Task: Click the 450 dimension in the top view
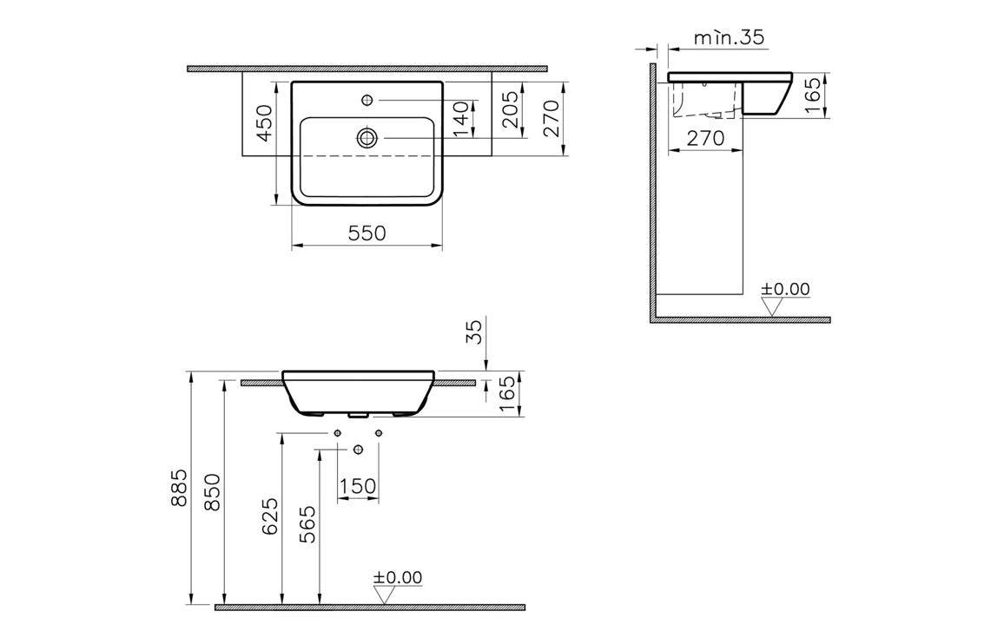tap(265, 121)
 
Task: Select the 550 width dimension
tap(366, 233)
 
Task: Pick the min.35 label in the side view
tap(729, 37)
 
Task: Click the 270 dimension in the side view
tap(705, 138)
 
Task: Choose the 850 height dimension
tap(214, 493)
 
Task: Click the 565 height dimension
tap(308, 524)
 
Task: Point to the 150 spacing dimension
tap(358, 487)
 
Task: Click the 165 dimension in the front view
tap(509, 394)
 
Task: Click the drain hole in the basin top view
tap(367, 137)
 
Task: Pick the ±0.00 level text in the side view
tap(785, 289)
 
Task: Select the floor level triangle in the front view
tap(384, 595)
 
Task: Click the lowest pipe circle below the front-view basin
tap(358, 449)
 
